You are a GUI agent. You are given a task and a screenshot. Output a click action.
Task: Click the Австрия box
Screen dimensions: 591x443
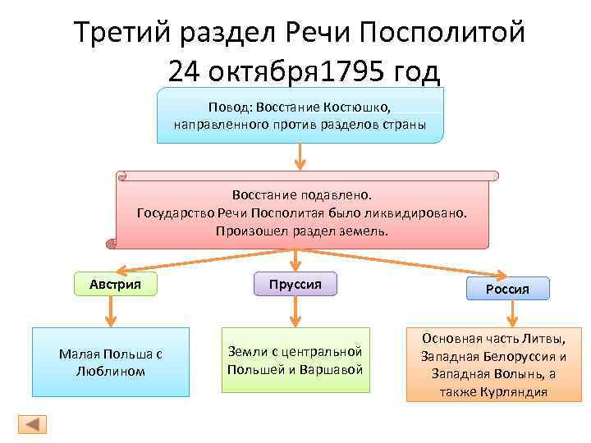[116, 284]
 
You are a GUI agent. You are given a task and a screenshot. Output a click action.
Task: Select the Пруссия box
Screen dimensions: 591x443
[295, 283]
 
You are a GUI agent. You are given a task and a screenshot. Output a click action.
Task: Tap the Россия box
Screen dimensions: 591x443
[508, 289]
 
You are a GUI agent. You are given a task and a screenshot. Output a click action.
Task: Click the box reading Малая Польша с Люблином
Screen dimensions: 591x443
[110, 362]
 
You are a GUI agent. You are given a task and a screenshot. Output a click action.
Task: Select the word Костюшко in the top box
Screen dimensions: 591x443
[359, 107]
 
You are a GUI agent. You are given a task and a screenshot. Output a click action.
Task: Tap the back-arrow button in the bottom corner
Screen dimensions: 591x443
[32, 423]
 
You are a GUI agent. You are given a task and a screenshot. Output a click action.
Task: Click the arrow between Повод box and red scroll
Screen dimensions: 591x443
[301, 156]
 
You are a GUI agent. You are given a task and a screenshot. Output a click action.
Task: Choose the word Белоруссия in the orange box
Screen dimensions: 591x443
[517, 356]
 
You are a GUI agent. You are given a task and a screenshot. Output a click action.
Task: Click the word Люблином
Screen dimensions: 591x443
[111, 371]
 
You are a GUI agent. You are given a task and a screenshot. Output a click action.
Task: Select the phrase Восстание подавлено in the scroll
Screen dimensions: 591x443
[301, 196]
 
